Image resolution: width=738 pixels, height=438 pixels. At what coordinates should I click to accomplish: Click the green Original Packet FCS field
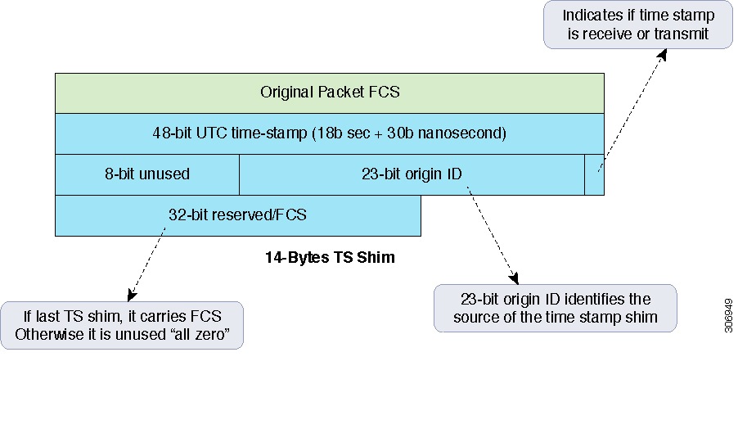click(x=330, y=93)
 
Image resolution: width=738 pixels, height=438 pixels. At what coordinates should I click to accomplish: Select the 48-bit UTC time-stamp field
click(x=330, y=133)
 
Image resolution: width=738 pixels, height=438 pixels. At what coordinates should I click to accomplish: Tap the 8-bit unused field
click(x=147, y=174)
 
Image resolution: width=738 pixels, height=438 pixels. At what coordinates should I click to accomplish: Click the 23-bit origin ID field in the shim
click(x=412, y=174)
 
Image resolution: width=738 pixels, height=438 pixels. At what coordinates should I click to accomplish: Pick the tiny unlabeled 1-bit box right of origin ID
click(x=595, y=174)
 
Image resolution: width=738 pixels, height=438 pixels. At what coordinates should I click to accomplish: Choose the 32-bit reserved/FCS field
click(x=237, y=215)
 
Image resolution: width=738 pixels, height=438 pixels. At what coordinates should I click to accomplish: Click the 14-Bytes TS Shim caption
click(x=330, y=258)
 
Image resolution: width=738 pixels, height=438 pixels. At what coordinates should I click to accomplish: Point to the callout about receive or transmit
click(x=637, y=25)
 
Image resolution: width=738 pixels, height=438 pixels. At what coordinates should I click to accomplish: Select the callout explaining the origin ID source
click(x=555, y=308)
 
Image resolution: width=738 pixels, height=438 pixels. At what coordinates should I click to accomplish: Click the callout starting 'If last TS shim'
click(x=122, y=325)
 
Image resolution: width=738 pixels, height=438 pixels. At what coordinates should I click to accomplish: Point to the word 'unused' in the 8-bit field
click(x=167, y=174)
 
